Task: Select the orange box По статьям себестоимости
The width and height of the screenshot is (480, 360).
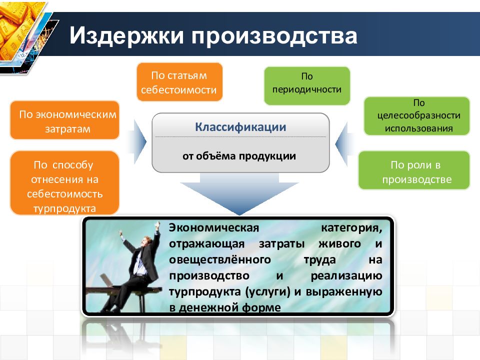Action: [179, 82]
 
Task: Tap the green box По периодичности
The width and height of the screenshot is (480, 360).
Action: [306, 86]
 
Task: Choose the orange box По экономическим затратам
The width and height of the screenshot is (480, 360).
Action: [64, 120]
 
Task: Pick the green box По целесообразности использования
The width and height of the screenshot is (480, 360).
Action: [416, 116]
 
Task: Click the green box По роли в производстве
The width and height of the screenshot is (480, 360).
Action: [414, 170]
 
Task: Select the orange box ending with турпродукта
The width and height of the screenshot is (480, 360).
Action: [64, 183]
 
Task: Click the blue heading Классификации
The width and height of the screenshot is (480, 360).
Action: [240, 126]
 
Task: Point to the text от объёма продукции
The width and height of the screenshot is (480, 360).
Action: [239, 156]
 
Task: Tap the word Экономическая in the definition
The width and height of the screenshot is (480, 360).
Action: [214, 228]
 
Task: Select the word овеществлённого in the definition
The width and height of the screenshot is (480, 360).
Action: [220, 260]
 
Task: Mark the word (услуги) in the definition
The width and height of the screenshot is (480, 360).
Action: [267, 292]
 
